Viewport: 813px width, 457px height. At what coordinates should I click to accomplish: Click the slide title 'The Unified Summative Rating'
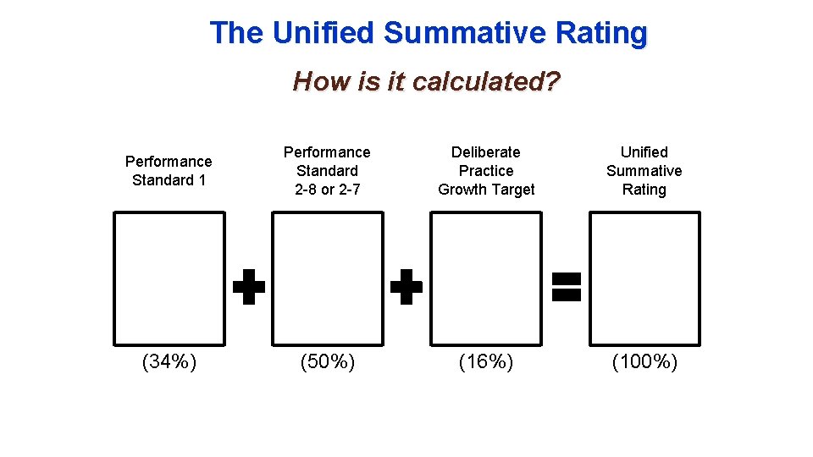(x=429, y=33)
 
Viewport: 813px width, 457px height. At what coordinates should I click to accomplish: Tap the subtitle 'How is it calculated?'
(x=426, y=82)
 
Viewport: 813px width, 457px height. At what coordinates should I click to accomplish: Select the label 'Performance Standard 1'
(x=169, y=170)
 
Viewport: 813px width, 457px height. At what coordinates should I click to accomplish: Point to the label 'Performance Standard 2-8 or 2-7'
(x=327, y=170)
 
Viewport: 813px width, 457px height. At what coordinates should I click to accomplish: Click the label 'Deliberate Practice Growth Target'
(x=486, y=170)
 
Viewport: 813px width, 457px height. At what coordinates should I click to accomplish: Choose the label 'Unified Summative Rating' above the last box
(x=644, y=170)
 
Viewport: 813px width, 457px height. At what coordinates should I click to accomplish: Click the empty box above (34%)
(x=169, y=278)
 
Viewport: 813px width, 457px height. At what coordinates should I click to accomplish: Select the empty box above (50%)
(x=327, y=278)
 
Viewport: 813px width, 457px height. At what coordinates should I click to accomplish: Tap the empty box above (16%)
(x=486, y=278)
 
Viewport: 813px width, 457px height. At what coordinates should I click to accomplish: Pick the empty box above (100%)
(x=644, y=278)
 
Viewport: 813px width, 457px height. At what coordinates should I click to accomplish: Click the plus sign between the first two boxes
(x=249, y=287)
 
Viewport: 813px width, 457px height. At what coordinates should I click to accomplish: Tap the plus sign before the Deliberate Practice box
(x=406, y=287)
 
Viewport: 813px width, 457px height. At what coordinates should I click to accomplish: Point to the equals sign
(x=566, y=287)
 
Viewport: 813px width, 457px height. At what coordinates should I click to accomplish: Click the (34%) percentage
(x=169, y=362)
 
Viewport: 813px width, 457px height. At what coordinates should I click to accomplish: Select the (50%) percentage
(x=328, y=362)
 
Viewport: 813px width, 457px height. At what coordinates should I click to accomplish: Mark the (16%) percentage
(x=486, y=362)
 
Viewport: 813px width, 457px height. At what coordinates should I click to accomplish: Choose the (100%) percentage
(x=644, y=362)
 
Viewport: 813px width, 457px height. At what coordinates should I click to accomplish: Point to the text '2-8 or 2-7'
(x=327, y=190)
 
